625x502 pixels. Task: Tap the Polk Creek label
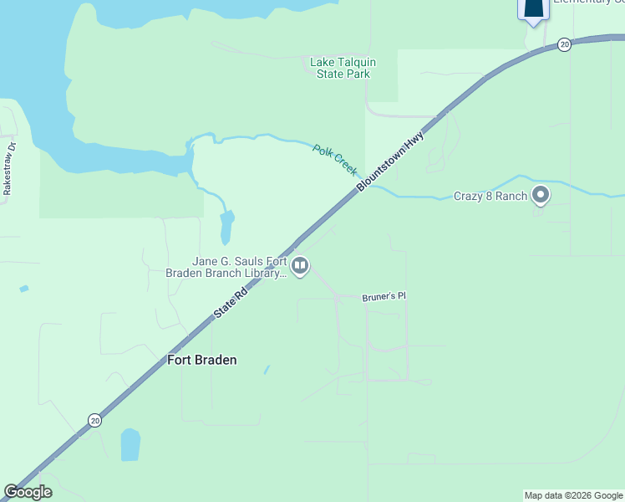tap(334, 158)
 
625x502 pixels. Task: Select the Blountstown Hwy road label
tap(391, 161)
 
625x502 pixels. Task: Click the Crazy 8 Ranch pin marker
tap(541, 195)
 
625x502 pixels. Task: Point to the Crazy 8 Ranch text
tap(490, 197)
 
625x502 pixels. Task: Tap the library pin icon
tap(300, 266)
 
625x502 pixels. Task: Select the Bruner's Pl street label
tap(384, 297)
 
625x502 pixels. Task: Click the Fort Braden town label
tap(201, 360)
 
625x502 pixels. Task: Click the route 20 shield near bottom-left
tap(94, 421)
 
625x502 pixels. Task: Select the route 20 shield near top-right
tap(565, 44)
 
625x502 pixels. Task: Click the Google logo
tap(28, 492)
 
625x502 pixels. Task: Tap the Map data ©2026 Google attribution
tap(573, 495)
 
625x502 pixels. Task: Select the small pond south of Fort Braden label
tap(130, 444)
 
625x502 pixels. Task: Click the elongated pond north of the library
tap(226, 227)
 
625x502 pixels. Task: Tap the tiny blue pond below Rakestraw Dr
tap(23, 289)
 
